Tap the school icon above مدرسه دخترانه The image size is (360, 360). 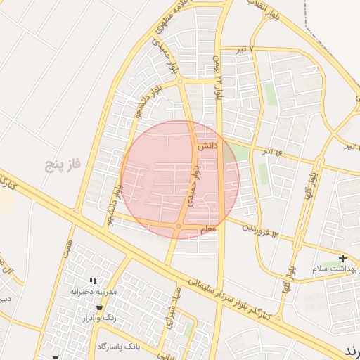coord(92,281)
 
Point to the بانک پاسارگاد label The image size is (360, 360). coord(119,347)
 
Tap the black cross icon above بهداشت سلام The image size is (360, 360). coord(342,259)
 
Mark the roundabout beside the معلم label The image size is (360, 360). coord(179,226)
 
